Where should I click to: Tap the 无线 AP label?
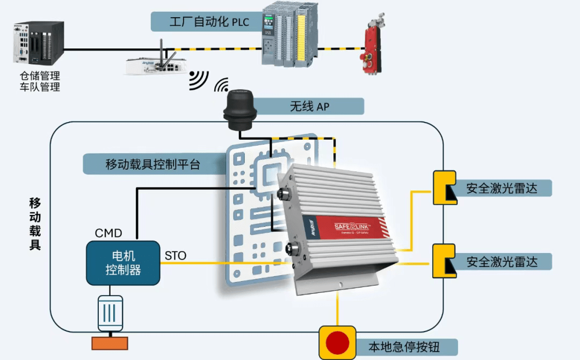[309, 106]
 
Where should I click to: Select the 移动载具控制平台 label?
[153, 164]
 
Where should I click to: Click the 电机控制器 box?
[123, 263]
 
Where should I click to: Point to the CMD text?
[108, 233]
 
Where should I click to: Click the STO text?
[176, 256]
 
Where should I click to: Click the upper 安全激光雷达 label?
[502, 188]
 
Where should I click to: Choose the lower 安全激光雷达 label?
[502, 262]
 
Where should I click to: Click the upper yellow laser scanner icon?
[445, 188]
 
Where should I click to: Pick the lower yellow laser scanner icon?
[445, 261]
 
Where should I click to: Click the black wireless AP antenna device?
[241, 109]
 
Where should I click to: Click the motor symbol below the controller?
[110, 313]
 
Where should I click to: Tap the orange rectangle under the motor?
[110, 343]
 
